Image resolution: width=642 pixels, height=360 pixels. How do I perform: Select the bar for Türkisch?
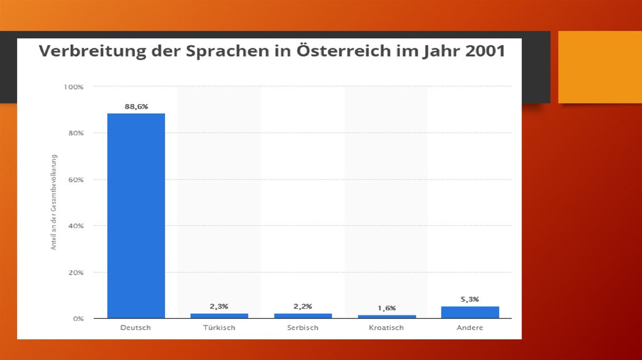[219, 315]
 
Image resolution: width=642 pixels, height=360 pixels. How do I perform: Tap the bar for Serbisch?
[303, 315]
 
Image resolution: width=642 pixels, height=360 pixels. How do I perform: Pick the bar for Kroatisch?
[387, 316]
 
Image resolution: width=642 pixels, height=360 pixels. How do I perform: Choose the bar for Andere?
[470, 312]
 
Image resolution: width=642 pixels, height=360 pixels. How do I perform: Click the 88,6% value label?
[136, 107]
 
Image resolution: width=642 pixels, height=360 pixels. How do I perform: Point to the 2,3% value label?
[219, 306]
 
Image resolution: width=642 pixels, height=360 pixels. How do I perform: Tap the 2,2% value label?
[303, 306]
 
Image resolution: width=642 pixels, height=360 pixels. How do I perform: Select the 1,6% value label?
[387, 308]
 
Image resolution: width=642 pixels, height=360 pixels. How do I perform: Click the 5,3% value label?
[470, 299]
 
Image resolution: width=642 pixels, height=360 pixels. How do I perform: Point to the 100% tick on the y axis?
[73, 87]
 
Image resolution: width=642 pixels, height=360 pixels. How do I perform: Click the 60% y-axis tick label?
[76, 179]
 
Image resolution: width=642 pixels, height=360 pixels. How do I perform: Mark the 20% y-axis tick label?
[76, 272]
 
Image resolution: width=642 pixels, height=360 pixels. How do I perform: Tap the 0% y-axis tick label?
[78, 319]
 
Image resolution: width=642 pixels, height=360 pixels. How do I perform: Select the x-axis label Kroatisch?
[387, 327]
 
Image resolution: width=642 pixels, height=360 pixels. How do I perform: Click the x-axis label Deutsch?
[136, 327]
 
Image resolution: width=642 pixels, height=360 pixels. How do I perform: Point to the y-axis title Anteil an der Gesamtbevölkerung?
[54, 202]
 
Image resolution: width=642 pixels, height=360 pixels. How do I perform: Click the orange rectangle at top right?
[599, 66]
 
